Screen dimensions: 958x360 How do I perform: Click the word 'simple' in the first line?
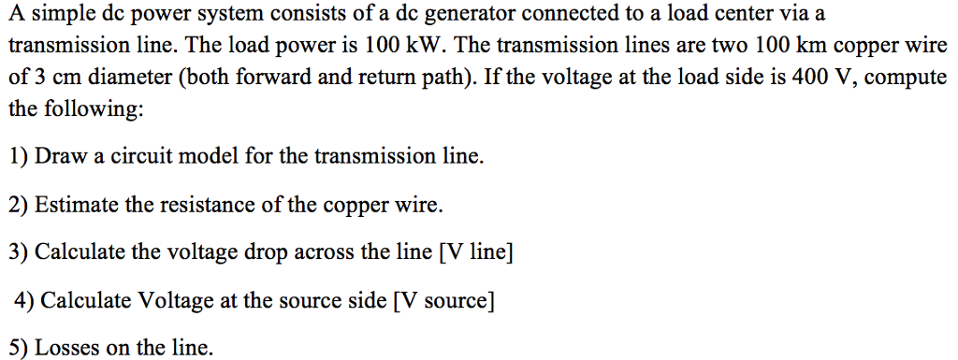click(58, 15)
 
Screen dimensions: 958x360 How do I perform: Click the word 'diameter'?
click(126, 77)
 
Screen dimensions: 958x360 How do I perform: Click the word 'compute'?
click(906, 77)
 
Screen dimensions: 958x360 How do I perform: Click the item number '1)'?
click(19, 156)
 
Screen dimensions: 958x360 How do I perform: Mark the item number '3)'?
click(19, 252)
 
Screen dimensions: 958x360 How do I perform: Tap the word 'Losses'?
click(66, 349)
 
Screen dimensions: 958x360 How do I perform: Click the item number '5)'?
click(19, 349)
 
